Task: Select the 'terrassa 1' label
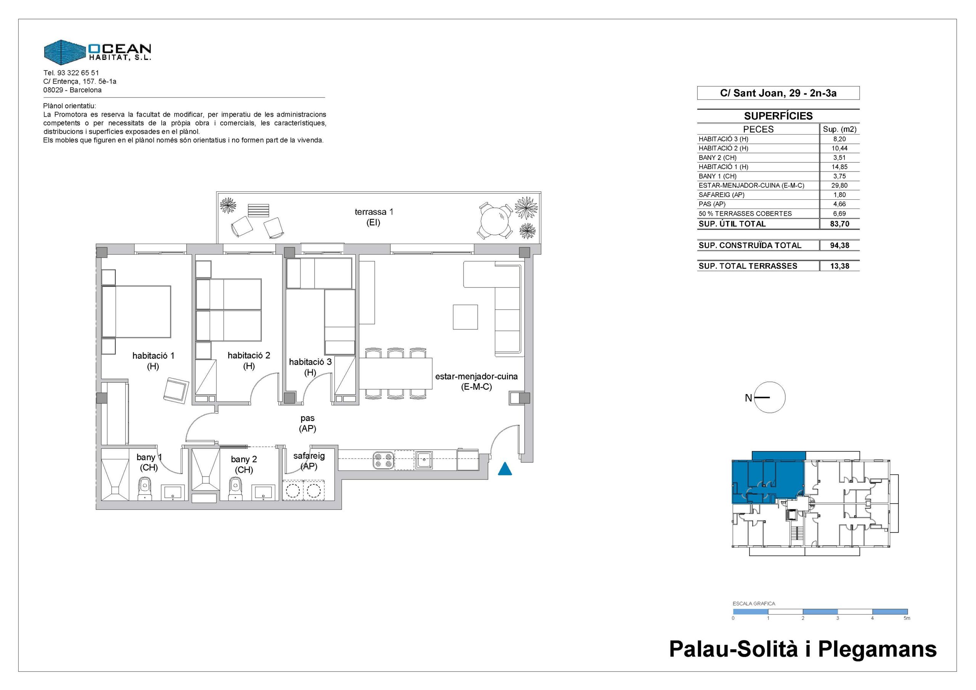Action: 374,217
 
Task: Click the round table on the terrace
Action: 495,221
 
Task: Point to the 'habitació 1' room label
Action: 153,361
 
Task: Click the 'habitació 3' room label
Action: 310,367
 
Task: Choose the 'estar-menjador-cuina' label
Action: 476,381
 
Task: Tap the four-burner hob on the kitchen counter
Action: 384,461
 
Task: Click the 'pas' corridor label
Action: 307,424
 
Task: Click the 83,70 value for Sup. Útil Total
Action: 840,224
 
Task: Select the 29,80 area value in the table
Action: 840,185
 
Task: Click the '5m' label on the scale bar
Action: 907,618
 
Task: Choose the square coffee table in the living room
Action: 465,317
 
